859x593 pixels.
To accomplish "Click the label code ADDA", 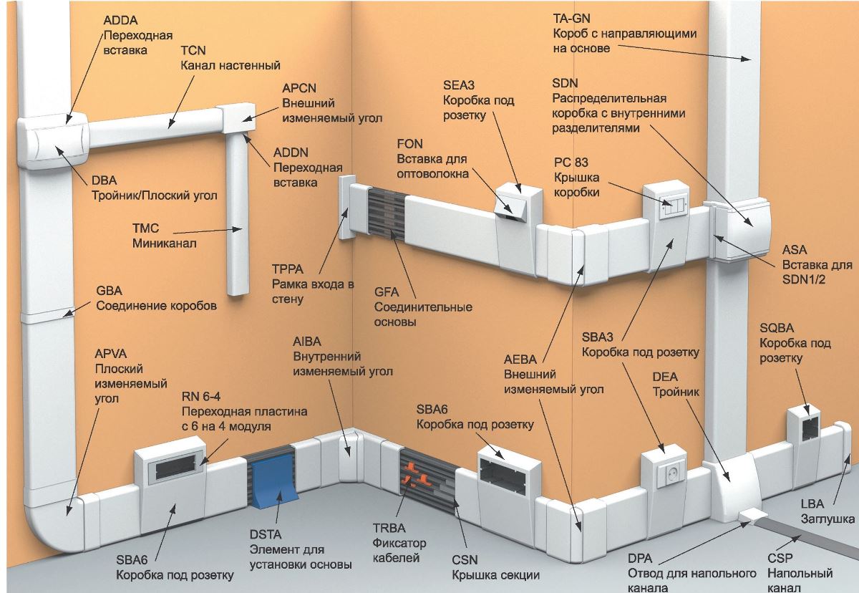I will [120, 21].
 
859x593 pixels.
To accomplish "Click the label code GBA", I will [110, 291].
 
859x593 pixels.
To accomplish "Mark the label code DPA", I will [641, 559].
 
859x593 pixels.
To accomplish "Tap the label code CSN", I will [465, 560].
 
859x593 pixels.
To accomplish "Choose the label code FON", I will [410, 144].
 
